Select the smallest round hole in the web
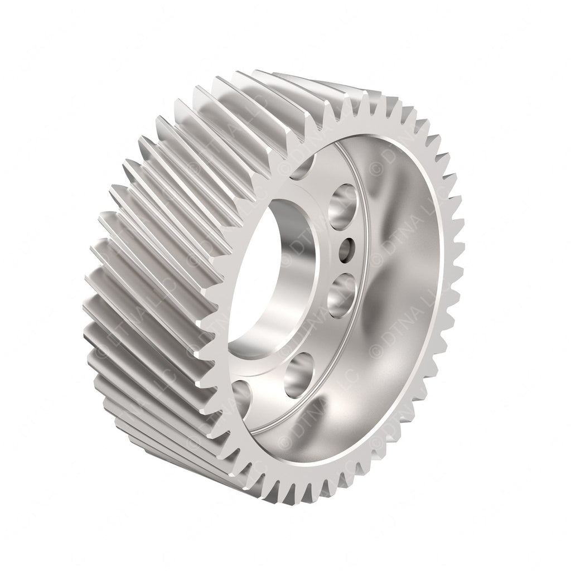click(x=347, y=245)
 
